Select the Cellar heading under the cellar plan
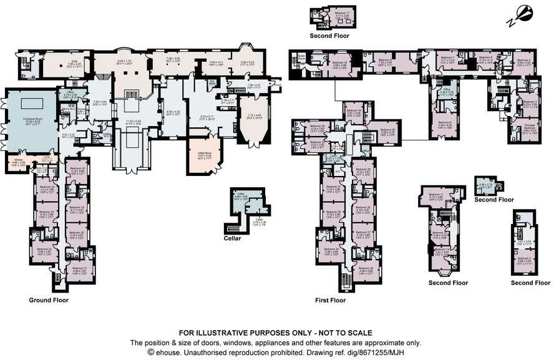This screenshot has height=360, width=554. (x=232, y=238)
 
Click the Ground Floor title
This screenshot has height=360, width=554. (x=48, y=300)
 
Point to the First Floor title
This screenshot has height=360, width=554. (x=330, y=300)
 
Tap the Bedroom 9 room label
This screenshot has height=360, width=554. (x=444, y=124)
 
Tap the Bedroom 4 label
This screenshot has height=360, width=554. (x=523, y=61)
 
